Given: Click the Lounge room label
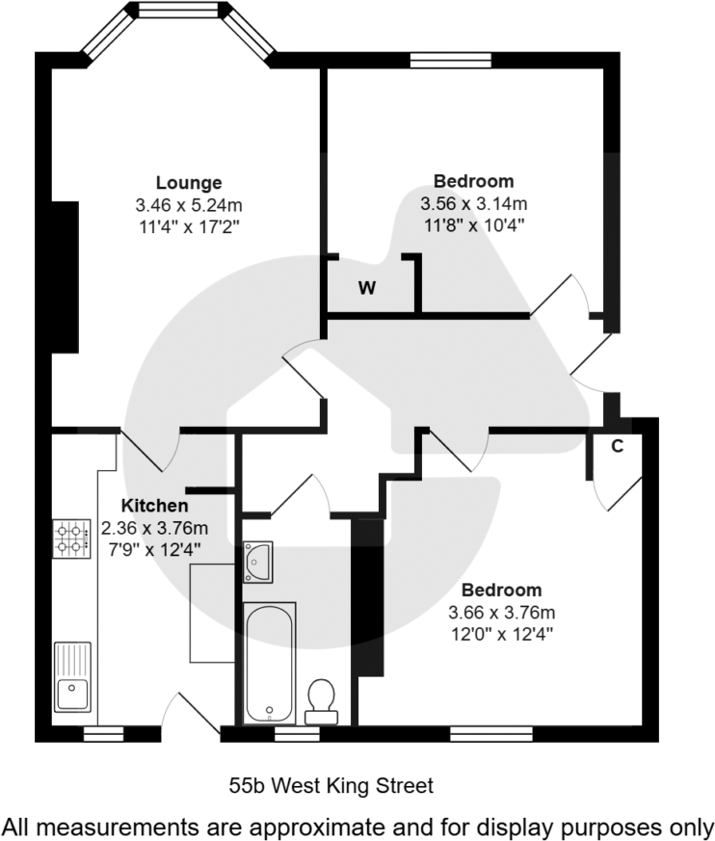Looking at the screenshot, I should click(189, 182).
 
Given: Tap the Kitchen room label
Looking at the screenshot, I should click(154, 506).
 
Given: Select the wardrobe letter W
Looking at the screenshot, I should click(367, 288).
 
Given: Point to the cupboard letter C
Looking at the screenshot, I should click(618, 445).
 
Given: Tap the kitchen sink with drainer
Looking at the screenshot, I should click(72, 676).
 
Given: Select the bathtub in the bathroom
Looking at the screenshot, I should click(269, 662).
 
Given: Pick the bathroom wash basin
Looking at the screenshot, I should click(257, 561).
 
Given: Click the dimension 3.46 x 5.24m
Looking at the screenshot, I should click(189, 205).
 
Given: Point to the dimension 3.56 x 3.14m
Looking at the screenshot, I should click(473, 203).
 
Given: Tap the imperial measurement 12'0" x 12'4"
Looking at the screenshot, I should click(501, 634).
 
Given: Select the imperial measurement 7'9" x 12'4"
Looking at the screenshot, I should click(154, 550).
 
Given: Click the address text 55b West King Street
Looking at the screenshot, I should click(331, 786).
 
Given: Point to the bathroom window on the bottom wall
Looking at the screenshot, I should click(297, 734).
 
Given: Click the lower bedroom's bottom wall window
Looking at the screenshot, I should click(490, 734).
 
